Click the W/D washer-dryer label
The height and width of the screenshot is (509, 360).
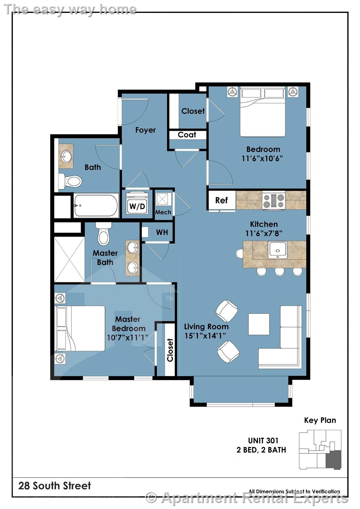coord(137,206)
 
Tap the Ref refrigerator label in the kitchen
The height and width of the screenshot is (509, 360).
coord(221,200)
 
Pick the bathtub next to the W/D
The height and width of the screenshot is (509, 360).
coord(96,205)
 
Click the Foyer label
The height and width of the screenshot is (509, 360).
coord(146,130)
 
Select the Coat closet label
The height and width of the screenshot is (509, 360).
coord(187,135)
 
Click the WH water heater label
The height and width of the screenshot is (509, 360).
coord(162,232)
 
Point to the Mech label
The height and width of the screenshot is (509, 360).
coord(163,212)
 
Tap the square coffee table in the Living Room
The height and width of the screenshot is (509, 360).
coord(259,324)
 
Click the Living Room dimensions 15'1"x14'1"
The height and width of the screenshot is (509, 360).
coord(205,336)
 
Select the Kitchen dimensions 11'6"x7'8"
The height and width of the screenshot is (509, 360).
coord(264,233)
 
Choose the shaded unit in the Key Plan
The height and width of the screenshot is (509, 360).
coord(333,459)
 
